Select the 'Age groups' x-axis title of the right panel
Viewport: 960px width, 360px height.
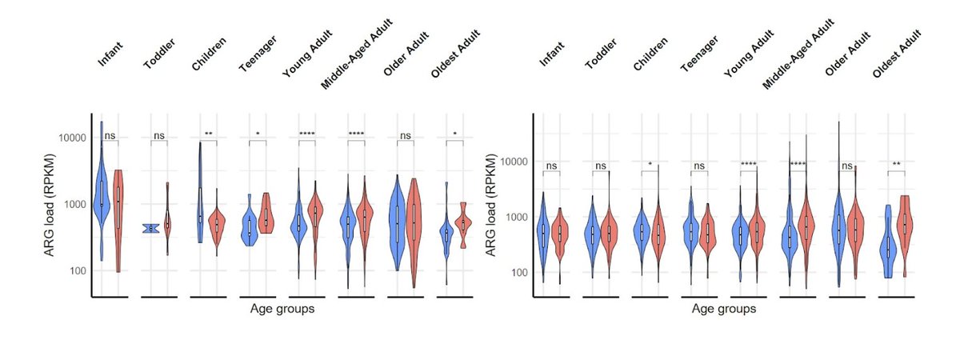tap(724, 306)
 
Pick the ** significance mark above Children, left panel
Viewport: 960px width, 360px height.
tap(208, 134)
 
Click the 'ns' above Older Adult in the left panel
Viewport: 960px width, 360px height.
tap(406, 135)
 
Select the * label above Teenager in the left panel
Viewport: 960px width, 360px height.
tap(258, 134)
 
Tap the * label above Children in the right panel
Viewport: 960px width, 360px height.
tap(650, 165)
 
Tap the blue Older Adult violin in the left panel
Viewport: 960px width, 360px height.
tap(396, 216)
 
